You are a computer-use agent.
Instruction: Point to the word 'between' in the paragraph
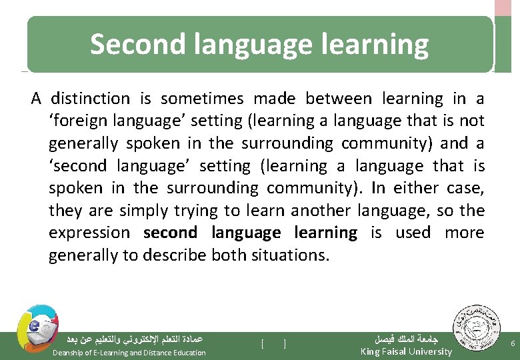pos(338,99)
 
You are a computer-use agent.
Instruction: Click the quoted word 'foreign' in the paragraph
pos(77,121)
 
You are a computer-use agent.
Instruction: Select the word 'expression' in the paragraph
pos(89,233)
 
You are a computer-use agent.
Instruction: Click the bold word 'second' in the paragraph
pos(170,233)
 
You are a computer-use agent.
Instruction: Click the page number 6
pos(511,343)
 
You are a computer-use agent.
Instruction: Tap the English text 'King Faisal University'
pos(406,351)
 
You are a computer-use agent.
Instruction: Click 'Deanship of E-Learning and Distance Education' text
pos(129,352)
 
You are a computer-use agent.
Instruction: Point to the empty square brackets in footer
pos(273,344)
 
